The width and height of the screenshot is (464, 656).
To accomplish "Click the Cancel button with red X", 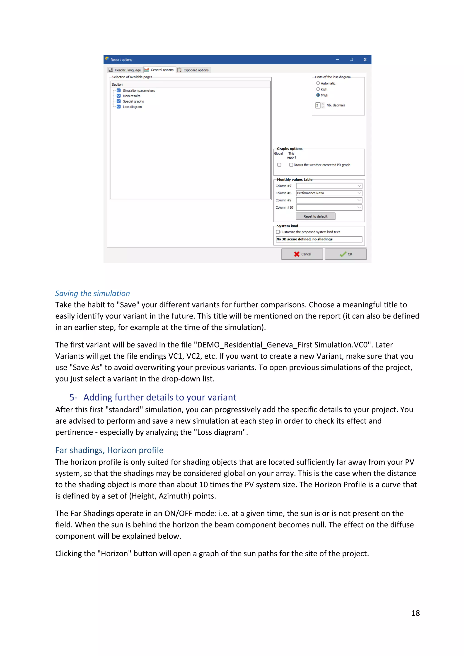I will [x=302, y=254].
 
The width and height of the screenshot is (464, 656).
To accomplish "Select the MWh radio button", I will [x=318, y=95].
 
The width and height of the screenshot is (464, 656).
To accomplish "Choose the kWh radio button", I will [x=318, y=89].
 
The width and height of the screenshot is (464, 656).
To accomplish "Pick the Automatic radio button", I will [x=318, y=83].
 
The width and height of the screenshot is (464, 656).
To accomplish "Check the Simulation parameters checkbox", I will [x=118, y=90].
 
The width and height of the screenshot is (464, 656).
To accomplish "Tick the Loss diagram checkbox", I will [x=118, y=106].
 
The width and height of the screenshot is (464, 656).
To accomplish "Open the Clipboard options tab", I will [x=193, y=70].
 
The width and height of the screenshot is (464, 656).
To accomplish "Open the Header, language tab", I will [x=125, y=70].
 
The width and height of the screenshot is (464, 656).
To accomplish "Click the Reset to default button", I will [x=315, y=216].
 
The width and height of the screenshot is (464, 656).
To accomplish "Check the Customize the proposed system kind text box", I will [x=278, y=232].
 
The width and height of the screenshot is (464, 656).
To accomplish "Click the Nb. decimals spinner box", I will [x=318, y=105].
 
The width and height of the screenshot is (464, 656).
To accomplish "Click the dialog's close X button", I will [x=365, y=59].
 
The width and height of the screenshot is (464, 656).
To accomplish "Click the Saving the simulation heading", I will [x=93, y=293].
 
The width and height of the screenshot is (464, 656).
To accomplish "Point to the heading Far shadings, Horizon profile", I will [x=109, y=450].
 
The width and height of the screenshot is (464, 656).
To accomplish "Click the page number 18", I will [x=416, y=613].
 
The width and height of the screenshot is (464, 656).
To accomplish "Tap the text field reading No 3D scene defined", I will [x=319, y=239].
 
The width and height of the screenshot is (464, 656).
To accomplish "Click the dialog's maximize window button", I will [x=351, y=59].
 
